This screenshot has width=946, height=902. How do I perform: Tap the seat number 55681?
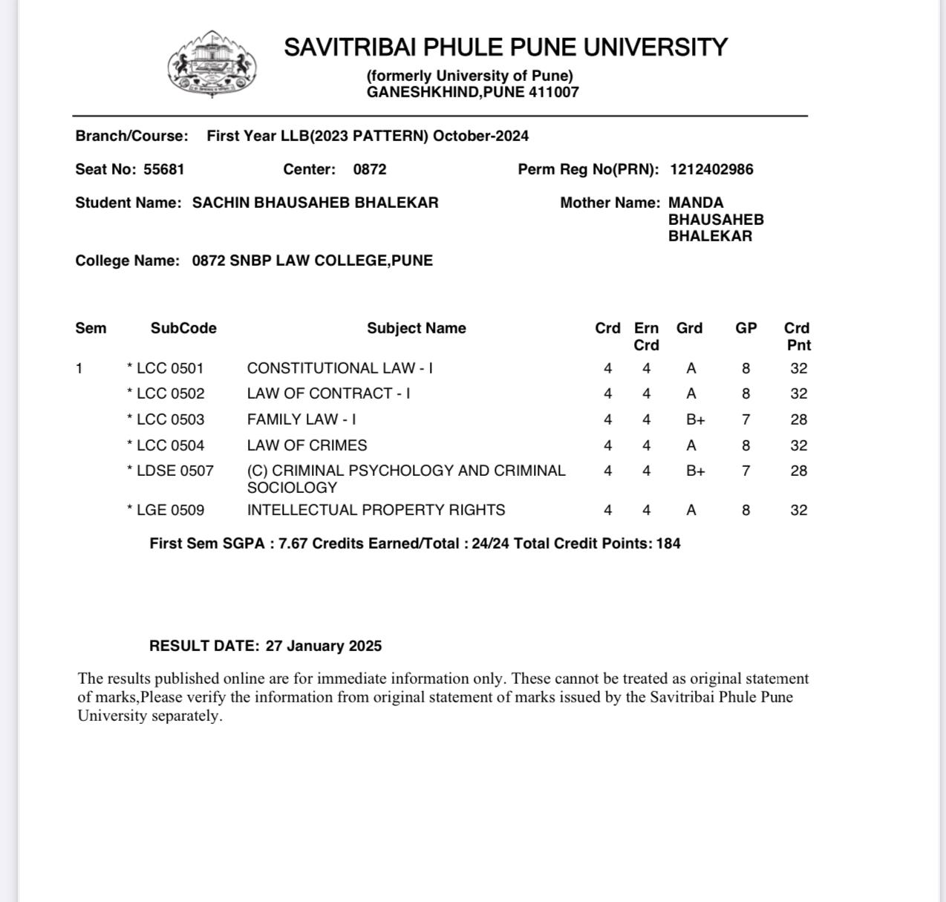tap(163, 169)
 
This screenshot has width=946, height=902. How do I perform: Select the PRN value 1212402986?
tap(711, 169)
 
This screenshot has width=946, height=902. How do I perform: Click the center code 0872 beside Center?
tap(370, 169)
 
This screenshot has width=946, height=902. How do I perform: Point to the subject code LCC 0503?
tap(170, 419)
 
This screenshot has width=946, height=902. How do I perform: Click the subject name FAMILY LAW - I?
tap(301, 419)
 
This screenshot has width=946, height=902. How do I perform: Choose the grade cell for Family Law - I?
tap(695, 419)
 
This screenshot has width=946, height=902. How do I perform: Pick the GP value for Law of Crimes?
tap(746, 445)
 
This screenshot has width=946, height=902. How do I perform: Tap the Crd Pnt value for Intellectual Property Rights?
tap(798, 510)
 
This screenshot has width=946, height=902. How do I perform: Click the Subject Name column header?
tap(416, 328)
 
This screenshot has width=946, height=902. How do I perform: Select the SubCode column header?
tap(183, 328)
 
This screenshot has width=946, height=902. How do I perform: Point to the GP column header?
tap(746, 328)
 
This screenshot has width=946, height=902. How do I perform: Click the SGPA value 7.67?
tap(293, 543)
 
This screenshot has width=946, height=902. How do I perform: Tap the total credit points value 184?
tap(668, 543)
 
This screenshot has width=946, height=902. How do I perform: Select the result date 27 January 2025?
tap(323, 646)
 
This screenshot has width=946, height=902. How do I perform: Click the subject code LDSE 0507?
tap(174, 471)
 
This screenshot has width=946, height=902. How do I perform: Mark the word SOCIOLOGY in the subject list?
tap(292, 488)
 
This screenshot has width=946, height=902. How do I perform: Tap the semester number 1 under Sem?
tap(79, 368)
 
